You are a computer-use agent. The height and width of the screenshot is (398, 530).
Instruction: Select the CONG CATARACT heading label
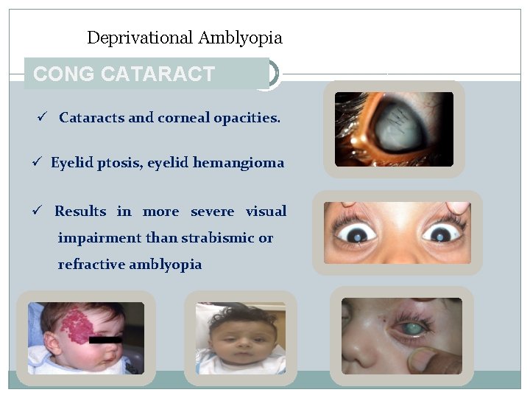click(124, 74)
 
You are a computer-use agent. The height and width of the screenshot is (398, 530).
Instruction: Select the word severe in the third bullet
click(212, 212)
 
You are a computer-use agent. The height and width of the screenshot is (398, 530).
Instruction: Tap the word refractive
click(91, 265)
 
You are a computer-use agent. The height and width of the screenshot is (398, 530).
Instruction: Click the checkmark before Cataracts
click(43, 118)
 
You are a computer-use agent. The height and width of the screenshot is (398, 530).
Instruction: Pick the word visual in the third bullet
click(266, 212)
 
